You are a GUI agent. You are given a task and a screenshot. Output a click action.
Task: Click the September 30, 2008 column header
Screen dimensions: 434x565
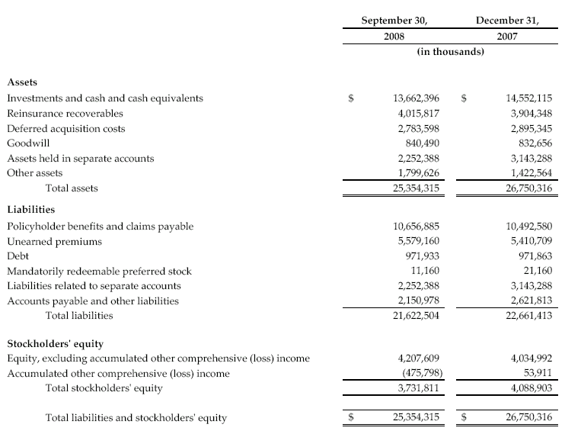click(394, 27)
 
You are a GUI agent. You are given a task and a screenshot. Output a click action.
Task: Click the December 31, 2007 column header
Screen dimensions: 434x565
click(506, 27)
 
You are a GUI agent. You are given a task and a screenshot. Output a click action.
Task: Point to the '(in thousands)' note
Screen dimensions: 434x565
click(451, 52)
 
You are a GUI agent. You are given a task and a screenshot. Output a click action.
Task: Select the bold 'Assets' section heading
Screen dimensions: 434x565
click(22, 81)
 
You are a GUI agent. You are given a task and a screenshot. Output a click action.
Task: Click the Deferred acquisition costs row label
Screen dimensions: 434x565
click(65, 129)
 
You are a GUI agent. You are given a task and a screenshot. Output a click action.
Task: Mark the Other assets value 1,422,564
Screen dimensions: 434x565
click(528, 173)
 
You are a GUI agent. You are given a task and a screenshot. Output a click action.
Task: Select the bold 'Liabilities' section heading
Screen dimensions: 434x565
click(31, 208)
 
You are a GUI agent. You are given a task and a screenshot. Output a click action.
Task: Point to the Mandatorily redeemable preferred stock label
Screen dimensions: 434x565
click(99, 271)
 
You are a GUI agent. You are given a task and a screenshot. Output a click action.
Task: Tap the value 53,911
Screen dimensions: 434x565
click(536, 374)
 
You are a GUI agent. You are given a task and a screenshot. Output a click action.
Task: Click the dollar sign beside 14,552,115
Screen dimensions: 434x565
click(465, 98)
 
